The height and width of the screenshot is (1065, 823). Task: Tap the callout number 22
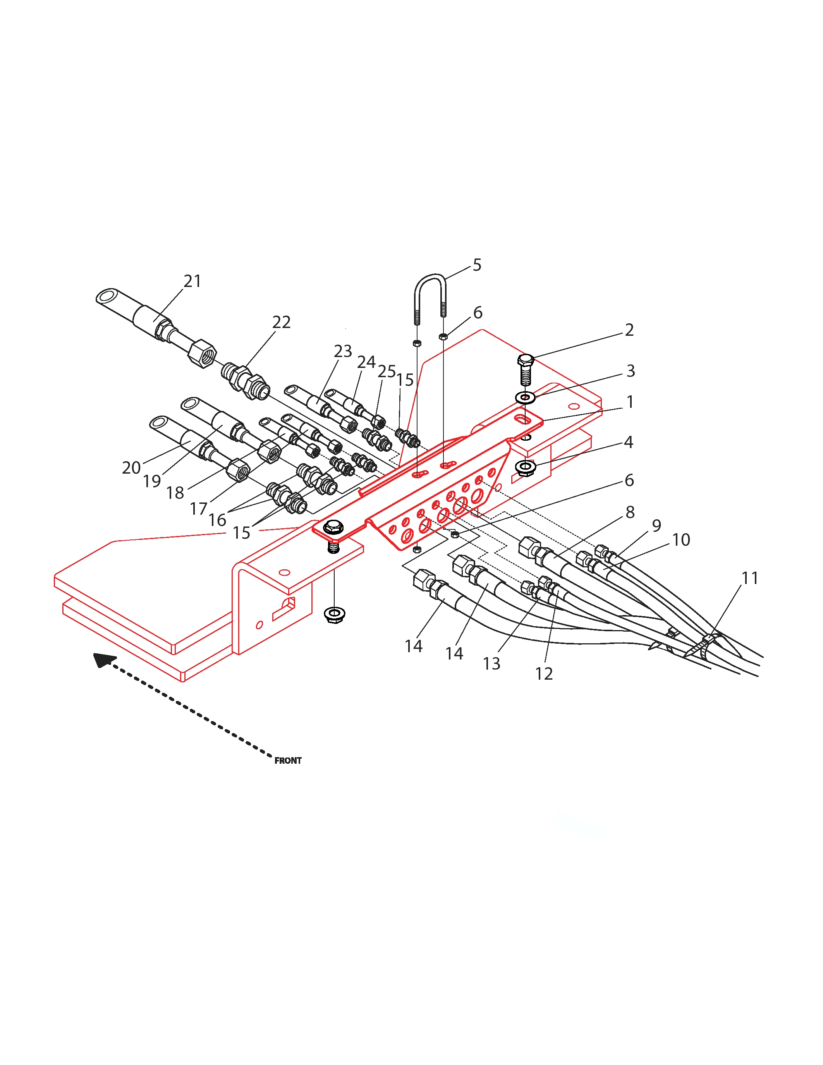[x=281, y=322]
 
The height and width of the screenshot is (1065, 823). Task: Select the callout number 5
[x=477, y=265]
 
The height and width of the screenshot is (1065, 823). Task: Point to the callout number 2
[x=629, y=330]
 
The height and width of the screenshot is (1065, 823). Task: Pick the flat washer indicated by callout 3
[x=525, y=397]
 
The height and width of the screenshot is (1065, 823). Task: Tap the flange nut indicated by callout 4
[x=526, y=468]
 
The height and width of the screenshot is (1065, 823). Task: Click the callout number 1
[x=630, y=402]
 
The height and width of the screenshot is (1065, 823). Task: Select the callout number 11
[x=749, y=578]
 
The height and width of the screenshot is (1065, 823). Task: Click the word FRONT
[x=288, y=761]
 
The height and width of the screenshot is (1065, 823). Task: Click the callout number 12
[x=544, y=673]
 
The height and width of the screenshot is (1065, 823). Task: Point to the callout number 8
[x=630, y=512]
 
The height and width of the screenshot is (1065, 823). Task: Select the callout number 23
[x=343, y=351]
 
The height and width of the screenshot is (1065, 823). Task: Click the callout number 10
[x=681, y=539]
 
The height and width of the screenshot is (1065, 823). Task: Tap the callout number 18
[x=175, y=493]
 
